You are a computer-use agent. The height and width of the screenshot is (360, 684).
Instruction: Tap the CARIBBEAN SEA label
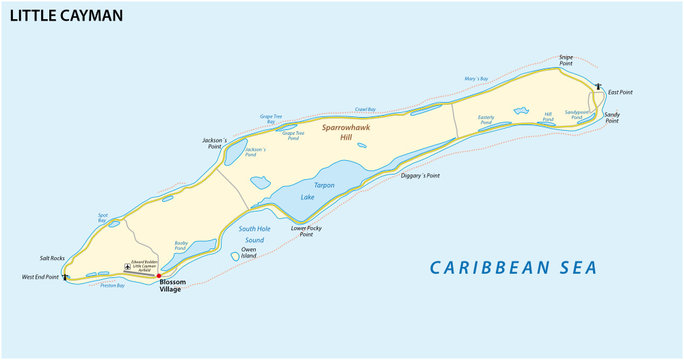(513, 267)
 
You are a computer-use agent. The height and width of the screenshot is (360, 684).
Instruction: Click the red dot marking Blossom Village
(159, 275)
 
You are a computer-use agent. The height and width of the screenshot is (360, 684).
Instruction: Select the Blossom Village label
(173, 289)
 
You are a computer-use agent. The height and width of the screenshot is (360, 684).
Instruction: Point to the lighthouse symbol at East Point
(597, 86)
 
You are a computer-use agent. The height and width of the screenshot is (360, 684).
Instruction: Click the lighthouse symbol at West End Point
(66, 277)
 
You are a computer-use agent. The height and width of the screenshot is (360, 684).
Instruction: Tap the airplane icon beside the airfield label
(127, 266)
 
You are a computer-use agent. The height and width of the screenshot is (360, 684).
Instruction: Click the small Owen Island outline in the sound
(235, 256)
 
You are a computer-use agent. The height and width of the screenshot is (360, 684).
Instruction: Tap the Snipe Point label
(566, 60)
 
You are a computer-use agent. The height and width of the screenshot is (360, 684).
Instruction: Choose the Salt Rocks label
(51, 258)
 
